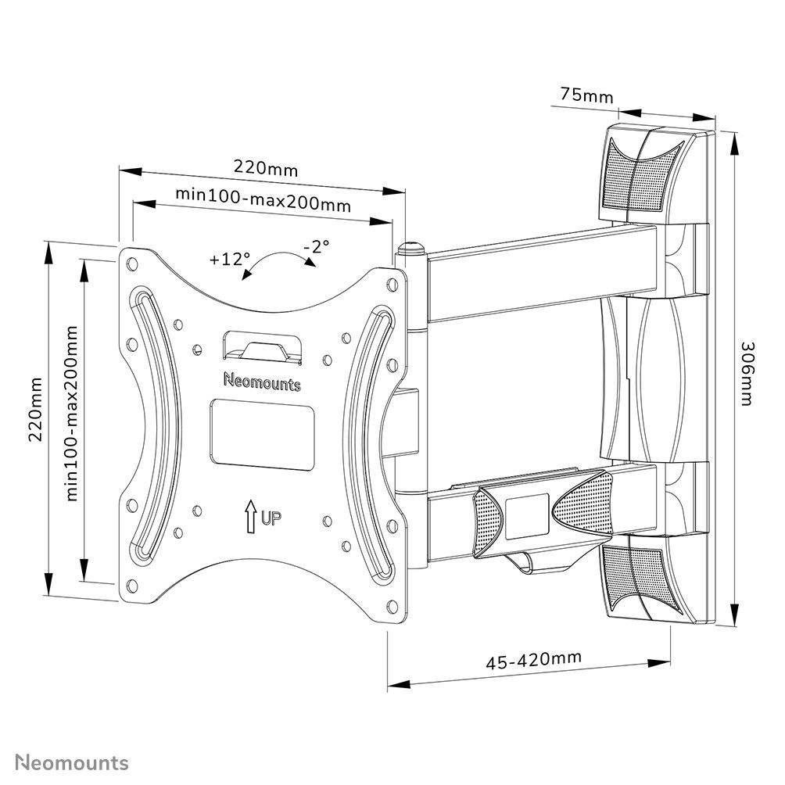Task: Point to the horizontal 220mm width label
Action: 266,168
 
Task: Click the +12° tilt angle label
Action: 230,259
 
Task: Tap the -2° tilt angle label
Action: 316,246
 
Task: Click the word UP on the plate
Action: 271,517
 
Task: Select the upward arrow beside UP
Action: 250,516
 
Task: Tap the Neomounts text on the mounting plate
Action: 262,383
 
